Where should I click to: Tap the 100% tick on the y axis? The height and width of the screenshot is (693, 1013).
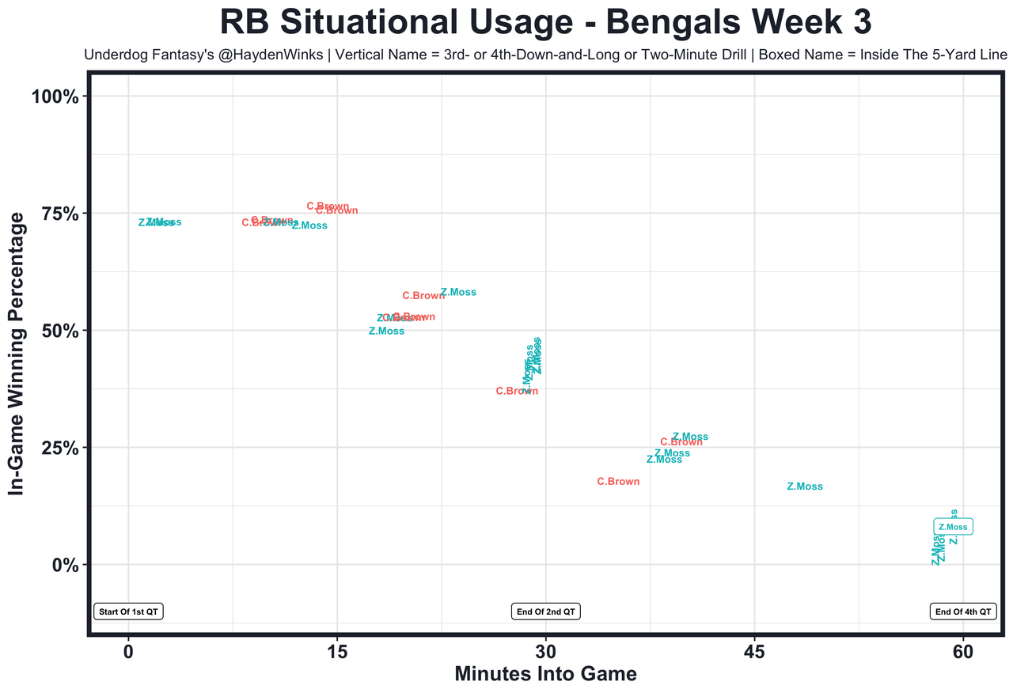pos(55,97)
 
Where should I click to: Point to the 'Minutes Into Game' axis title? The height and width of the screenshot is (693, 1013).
pos(545,675)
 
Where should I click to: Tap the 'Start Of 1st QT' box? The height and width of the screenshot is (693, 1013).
pos(129,612)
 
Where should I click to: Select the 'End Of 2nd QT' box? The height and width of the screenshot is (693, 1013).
pos(546,612)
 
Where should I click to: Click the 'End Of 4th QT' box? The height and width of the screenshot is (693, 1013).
pos(963,612)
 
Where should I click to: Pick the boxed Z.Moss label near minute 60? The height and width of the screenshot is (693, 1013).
pos(952,527)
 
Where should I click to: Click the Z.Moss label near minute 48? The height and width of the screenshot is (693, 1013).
pos(805,487)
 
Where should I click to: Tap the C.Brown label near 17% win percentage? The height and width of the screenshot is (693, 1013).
pos(618,481)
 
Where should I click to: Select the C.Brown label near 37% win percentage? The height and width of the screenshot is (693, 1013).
pos(517,391)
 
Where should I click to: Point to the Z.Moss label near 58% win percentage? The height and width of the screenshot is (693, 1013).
pos(458,292)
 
